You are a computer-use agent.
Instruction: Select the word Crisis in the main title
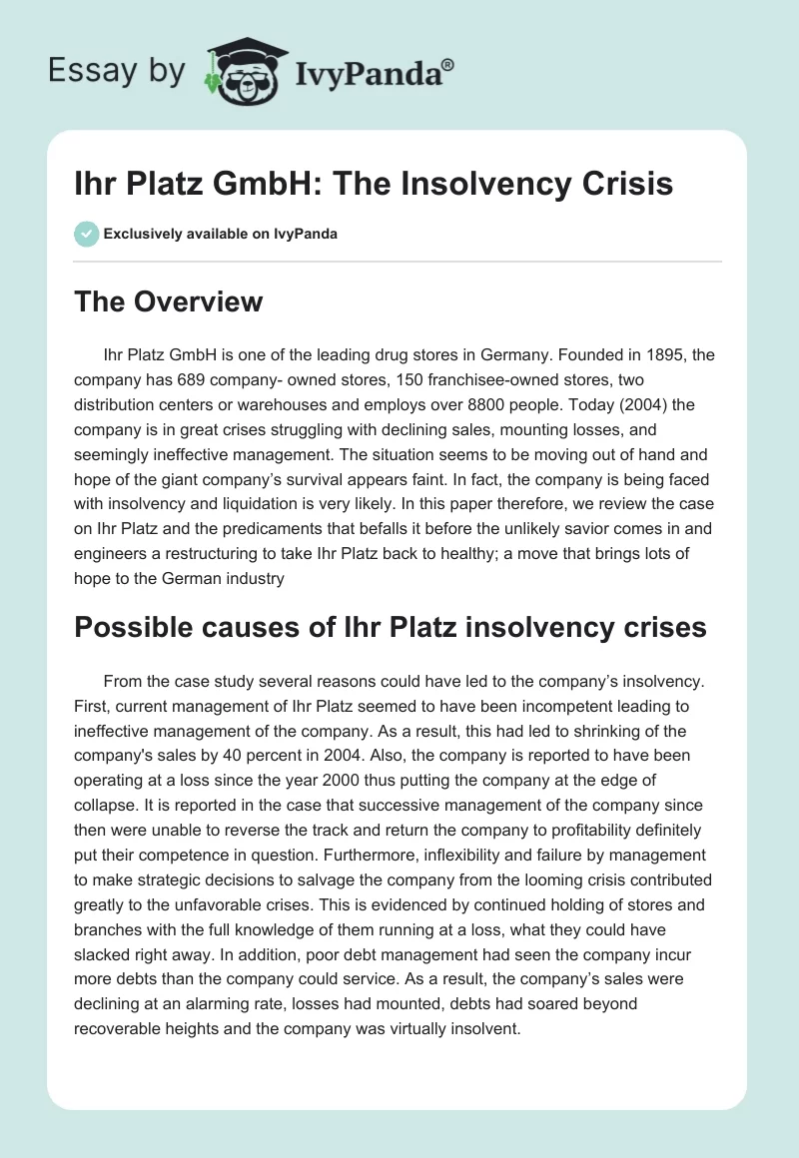[625, 185]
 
